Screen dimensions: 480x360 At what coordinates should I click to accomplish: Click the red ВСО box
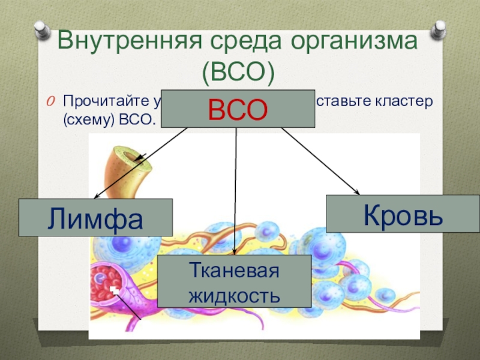(x=238, y=109)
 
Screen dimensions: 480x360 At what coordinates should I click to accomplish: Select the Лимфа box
(x=95, y=217)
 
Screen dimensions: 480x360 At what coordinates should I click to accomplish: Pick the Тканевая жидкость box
(x=234, y=281)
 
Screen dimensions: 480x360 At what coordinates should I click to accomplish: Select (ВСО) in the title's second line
(x=238, y=73)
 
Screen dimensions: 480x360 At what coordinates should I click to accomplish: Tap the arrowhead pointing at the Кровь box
(x=357, y=193)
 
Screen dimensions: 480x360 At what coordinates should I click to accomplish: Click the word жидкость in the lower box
(x=234, y=296)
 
